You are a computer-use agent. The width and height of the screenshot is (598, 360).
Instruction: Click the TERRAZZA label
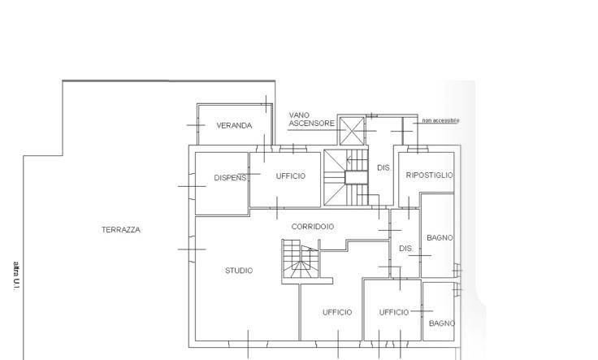[121, 230]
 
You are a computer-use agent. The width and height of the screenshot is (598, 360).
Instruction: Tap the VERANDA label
[234, 125]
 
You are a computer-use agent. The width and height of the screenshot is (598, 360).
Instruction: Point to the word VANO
[299, 115]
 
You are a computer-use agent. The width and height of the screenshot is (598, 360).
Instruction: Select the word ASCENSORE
[311, 124]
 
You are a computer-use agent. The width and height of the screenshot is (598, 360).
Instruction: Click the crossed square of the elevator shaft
[352, 131]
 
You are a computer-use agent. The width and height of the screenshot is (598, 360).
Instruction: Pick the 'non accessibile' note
[440, 120]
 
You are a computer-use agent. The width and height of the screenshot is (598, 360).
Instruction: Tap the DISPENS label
[230, 178]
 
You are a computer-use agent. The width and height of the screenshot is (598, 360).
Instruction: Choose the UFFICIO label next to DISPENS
[291, 176]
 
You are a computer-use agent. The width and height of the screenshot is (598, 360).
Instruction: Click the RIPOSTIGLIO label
[429, 175]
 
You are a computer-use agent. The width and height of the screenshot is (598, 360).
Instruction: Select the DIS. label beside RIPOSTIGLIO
[383, 167]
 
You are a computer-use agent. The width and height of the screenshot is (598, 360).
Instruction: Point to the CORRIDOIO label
[313, 227]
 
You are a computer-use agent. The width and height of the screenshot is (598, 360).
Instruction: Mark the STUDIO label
[239, 271]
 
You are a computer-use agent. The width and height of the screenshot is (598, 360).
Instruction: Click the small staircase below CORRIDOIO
[301, 259]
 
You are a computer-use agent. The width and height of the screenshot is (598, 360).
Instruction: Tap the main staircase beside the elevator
[346, 177]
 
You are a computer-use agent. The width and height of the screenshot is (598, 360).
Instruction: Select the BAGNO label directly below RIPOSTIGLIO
[440, 238]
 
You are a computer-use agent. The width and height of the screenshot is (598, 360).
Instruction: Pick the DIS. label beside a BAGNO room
[405, 249]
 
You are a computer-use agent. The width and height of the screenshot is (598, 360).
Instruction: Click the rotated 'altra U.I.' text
[16, 276]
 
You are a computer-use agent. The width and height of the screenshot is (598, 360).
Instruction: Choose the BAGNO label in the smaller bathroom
[442, 323]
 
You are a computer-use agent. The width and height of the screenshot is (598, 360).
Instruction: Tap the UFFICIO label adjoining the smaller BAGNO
[394, 312]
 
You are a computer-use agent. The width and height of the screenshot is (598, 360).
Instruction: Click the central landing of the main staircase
[356, 177]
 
